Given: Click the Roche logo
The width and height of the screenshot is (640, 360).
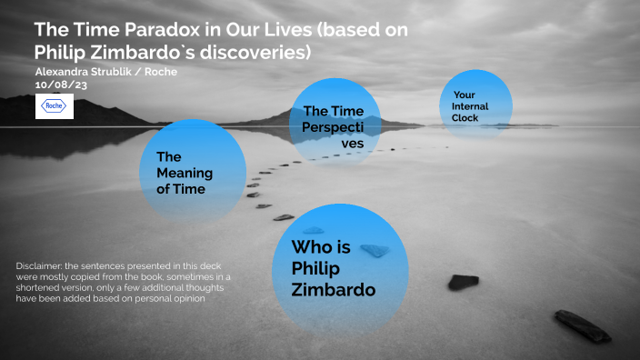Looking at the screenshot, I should [x=55, y=106].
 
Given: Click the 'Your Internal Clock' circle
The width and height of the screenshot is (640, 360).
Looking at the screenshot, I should [x=475, y=106].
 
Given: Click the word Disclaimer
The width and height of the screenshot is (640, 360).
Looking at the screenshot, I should [x=41, y=265].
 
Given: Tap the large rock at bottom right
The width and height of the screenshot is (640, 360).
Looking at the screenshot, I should [x=582, y=325].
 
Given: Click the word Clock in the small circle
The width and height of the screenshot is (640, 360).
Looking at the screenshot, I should [x=465, y=118].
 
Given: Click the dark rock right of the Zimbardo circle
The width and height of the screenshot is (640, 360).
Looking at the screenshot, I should [x=463, y=282].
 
